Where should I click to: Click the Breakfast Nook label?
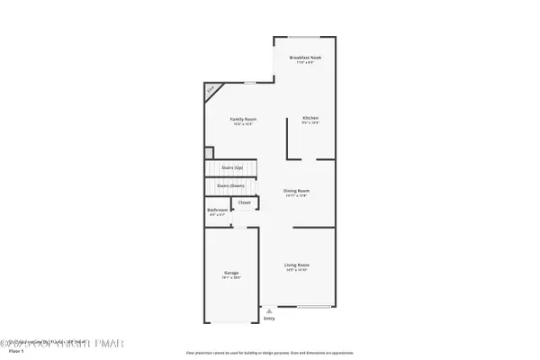pos(305,57)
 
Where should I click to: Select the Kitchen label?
pos(310,119)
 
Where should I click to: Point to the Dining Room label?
pos(296,191)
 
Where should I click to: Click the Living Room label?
pos(297,265)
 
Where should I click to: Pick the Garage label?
pos(231,273)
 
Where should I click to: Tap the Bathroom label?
pos(218,211)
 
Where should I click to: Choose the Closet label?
pos(245,202)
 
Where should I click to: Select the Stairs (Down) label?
pos(231,185)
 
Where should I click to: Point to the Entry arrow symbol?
pos(268,311)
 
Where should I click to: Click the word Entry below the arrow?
pos(269,319)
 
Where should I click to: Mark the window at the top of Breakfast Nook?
pos(305,37)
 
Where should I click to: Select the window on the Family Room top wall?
pos(248,84)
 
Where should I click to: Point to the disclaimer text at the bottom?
pos(270,352)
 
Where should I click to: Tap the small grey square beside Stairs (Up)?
pos(209,152)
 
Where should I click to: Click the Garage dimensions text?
pos(231,278)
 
